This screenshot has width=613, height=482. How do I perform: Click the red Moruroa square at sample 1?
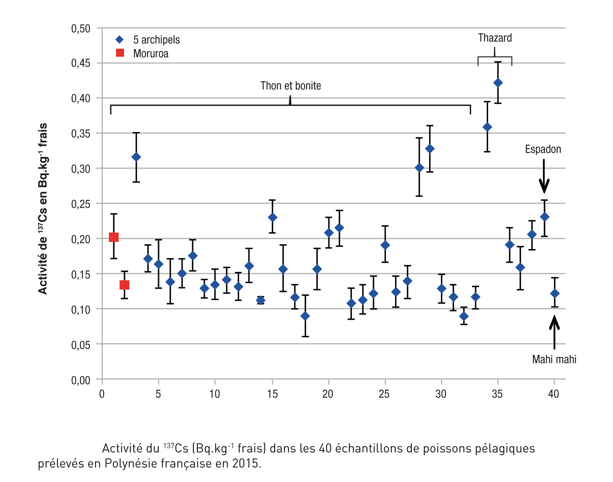pos(114,237)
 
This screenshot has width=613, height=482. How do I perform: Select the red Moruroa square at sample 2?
pos(125,285)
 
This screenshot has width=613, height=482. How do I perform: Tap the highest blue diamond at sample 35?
pos(498,83)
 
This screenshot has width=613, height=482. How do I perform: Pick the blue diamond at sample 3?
pos(136,157)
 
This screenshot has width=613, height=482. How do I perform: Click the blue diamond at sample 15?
pos(273,218)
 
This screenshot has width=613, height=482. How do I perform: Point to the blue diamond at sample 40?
pos(554,293)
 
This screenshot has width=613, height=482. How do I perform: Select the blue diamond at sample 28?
pos(419,168)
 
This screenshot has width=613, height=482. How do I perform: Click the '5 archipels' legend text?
pos(156,40)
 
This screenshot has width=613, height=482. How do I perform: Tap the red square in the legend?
pos(120,53)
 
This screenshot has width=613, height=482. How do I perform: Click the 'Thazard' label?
pos(495,38)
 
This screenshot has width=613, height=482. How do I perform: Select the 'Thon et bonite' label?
pos(291,86)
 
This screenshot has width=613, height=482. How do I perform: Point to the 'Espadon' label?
pos(543,149)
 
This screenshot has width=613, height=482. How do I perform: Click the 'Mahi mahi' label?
pos(554,359)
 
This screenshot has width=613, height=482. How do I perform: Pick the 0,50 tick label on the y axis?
pos(81,29)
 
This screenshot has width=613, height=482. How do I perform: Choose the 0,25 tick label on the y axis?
pos(81,204)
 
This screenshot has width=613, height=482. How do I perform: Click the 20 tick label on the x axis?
pos(328,394)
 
